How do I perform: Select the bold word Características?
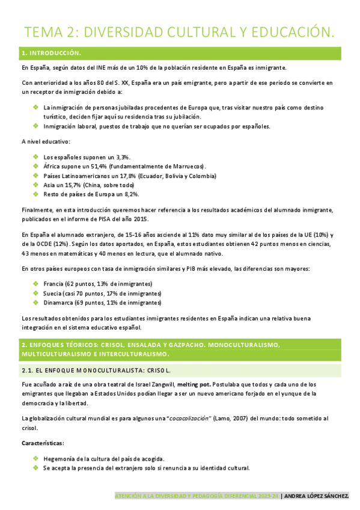pos(42,443)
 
